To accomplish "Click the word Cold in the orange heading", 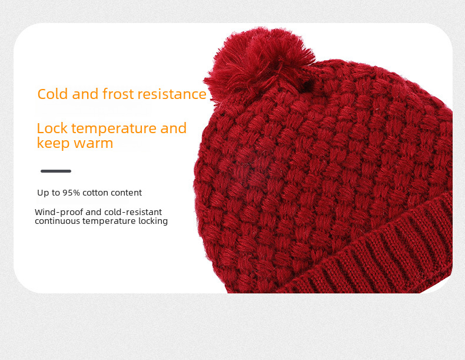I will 52,94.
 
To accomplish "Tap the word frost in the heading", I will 118,94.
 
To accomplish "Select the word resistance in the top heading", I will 172,94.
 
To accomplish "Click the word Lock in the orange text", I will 52,128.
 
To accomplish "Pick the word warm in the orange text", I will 93,143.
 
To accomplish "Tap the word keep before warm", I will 53,144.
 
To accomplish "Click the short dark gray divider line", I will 56,171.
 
